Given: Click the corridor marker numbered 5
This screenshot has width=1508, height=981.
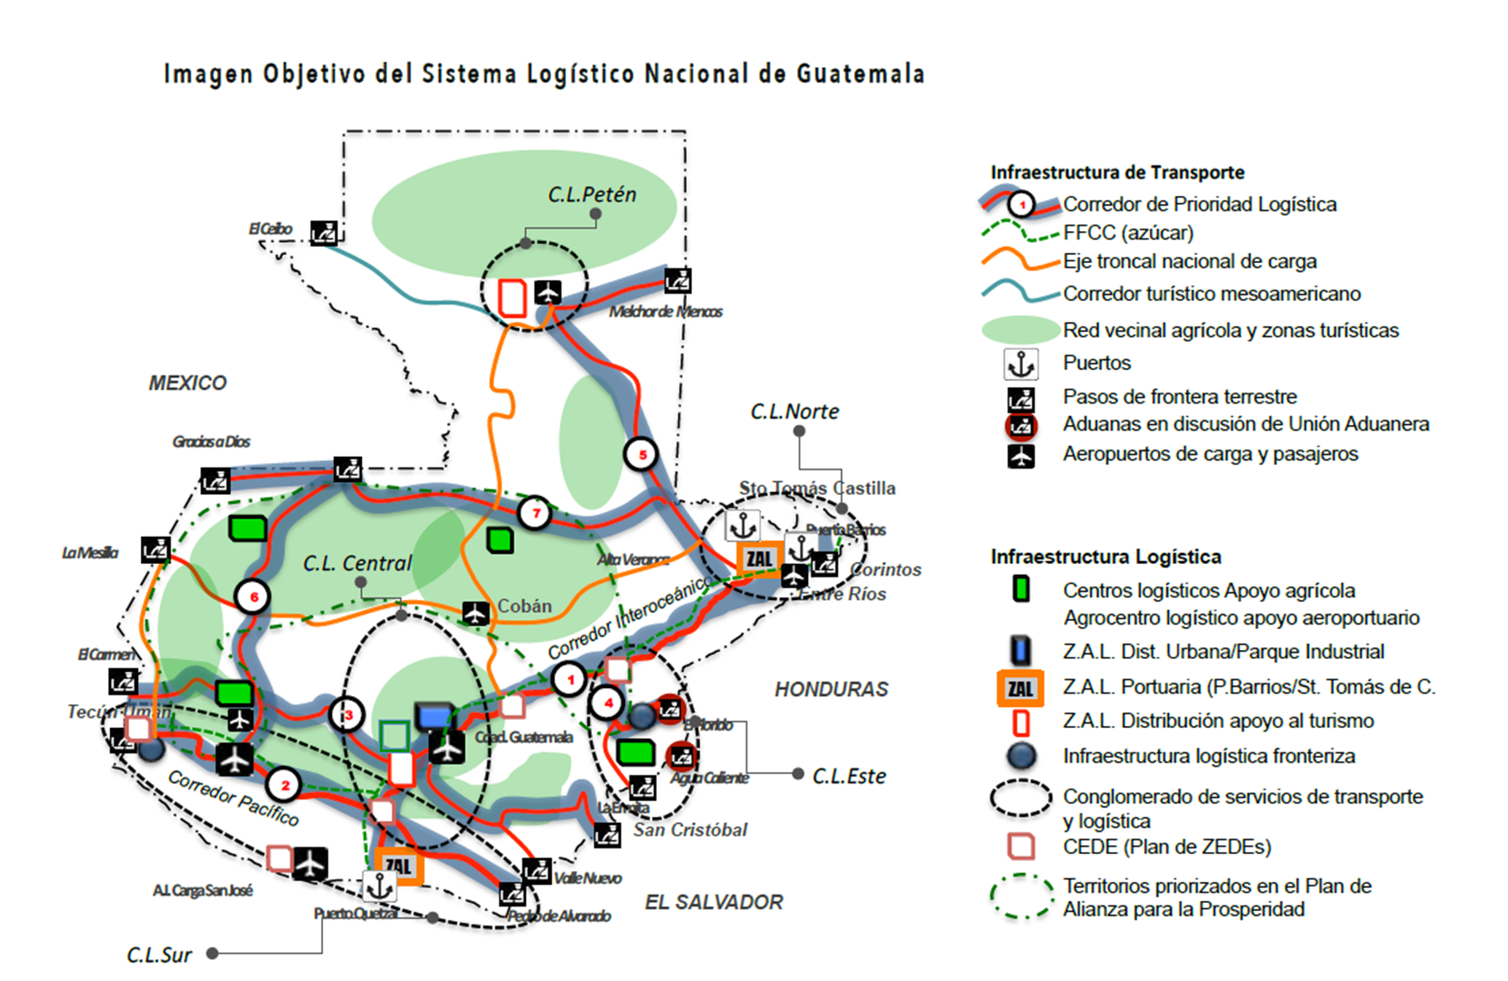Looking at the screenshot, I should point(642,455).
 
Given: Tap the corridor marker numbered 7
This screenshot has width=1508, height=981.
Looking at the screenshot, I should point(535,513).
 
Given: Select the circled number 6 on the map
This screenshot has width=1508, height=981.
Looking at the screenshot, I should point(253,597).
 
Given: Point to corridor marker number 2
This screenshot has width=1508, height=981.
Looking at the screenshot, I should point(284,785).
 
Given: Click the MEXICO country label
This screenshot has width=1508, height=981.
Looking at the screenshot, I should point(187,383).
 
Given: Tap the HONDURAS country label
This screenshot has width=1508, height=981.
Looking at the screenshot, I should point(831,689).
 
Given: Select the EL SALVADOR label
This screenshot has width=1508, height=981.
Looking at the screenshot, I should point(713,902).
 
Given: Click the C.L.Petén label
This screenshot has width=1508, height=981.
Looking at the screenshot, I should point(592,195).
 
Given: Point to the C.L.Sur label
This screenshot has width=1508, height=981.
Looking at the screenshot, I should point(159,955).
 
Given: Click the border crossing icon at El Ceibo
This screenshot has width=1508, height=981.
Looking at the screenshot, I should point(324,232).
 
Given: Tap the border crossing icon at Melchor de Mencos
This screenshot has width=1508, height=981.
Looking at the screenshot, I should point(677,281).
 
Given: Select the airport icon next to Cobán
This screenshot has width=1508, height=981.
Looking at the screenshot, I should point(475,612).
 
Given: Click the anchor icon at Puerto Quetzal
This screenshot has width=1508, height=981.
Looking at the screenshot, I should point(379,886).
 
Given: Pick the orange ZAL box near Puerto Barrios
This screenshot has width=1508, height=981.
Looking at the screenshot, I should point(759,559).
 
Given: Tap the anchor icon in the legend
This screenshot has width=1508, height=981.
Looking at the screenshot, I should point(1021,364).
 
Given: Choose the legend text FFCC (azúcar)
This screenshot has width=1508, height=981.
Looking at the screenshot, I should point(1128,232).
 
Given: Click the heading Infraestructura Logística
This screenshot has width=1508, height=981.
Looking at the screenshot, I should point(1105,557).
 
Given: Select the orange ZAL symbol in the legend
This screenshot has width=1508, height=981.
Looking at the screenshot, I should point(1020,688).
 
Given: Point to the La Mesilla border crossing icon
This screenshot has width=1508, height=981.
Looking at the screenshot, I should point(155,550).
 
